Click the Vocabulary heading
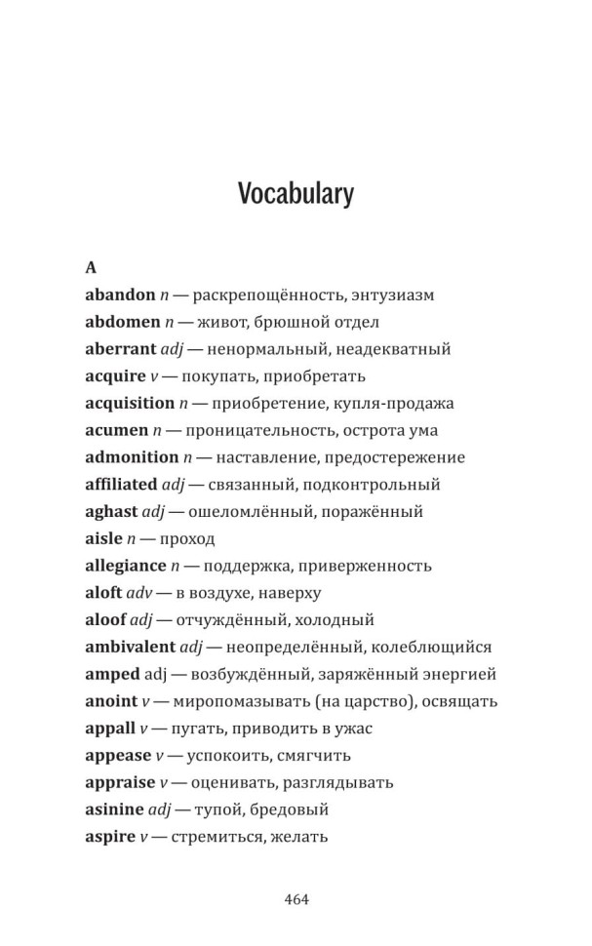(x=296, y=194)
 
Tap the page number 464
(x=296, y=899)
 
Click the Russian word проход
(x=185, y=538)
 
